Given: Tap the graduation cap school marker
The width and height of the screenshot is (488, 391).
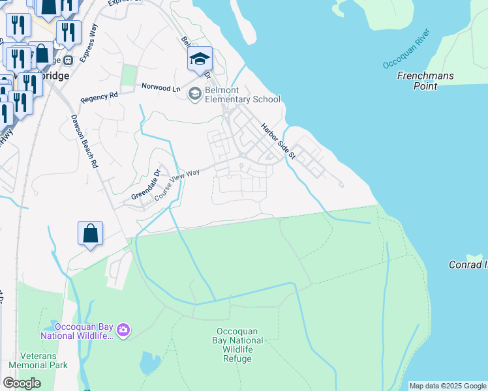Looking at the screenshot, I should click(x=200, y=59).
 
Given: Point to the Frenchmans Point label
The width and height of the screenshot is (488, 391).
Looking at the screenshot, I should click(x=425, y=81).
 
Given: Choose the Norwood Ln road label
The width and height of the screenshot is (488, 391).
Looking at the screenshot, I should click(x=161, y=88).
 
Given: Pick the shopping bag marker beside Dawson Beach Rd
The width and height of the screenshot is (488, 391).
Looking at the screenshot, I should click(x=90, y=233).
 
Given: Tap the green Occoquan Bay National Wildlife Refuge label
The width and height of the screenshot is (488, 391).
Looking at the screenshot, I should click(x=237, y=345).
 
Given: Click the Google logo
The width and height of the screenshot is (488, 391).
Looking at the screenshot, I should click(x=22, y=383).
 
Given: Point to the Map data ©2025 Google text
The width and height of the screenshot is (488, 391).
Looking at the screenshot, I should click(x=448, y=386).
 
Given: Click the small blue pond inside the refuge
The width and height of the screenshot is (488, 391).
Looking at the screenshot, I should click(x=149, y=363).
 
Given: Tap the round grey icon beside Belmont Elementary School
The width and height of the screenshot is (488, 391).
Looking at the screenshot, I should click(x=194, y=94).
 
